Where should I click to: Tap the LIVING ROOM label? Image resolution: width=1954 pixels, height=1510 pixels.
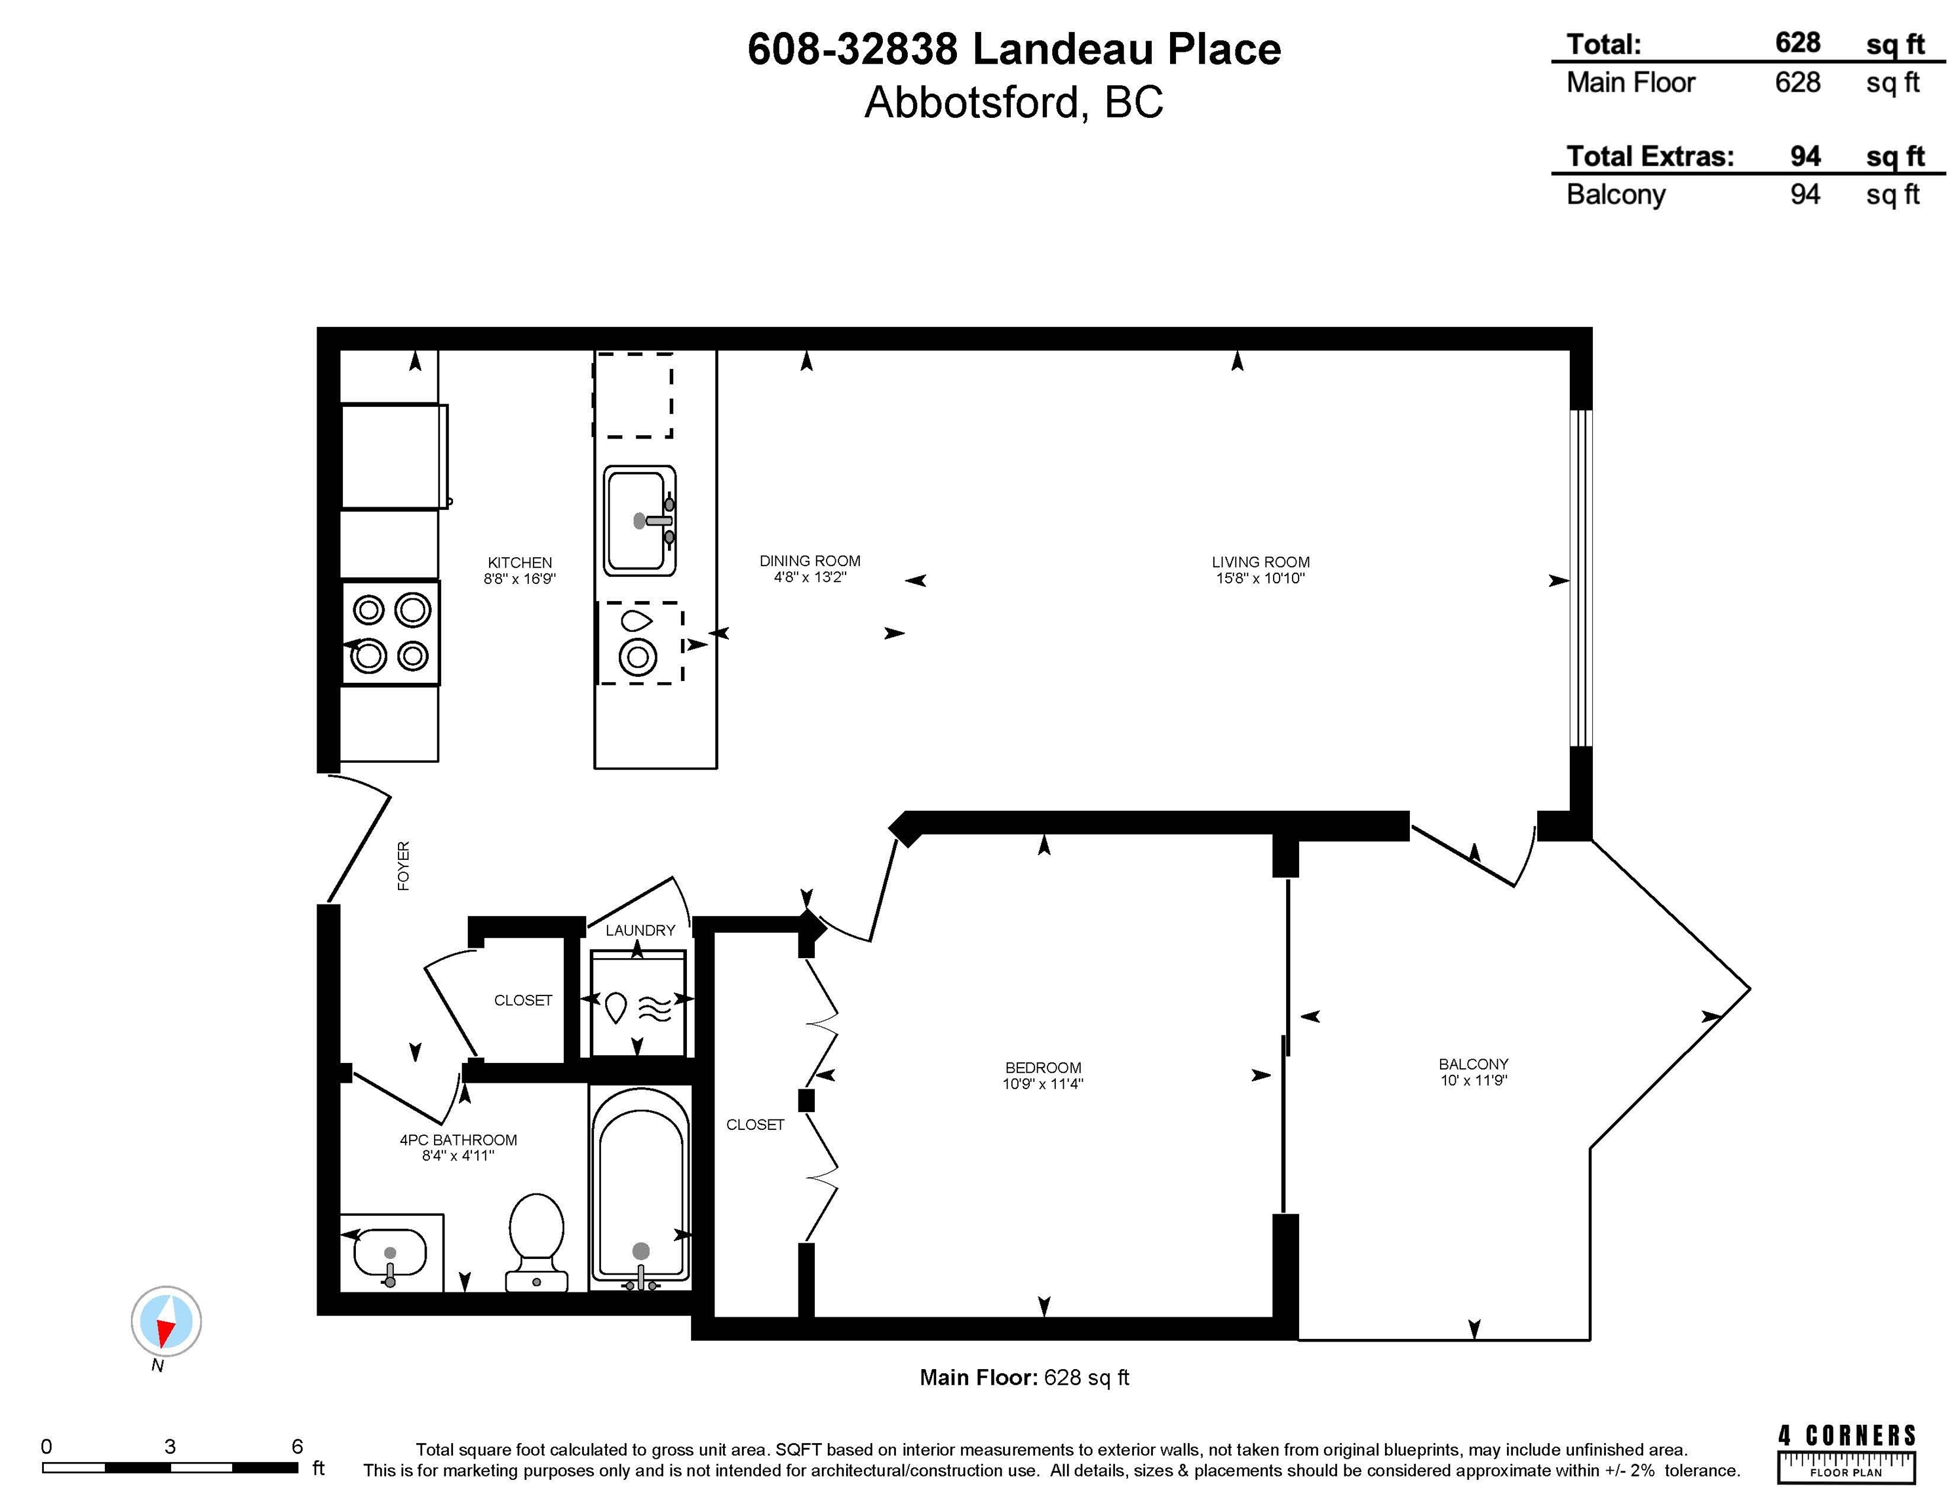coord(1260,562)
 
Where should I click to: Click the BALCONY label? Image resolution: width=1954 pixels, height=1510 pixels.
coord(1474,1064)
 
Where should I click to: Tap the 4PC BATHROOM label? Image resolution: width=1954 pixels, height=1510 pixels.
coord(458,1140)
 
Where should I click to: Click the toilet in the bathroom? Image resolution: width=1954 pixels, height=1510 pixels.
coord(536,1242)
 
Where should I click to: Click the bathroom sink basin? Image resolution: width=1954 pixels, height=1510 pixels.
coord(390,1252)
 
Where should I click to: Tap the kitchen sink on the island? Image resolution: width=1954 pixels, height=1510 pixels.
coord(640,520)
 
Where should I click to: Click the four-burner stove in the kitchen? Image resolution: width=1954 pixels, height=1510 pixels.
coord(390,633)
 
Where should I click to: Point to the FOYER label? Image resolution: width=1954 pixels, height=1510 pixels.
coord(404,865)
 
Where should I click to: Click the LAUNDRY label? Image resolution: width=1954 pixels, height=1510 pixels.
coord(640,931)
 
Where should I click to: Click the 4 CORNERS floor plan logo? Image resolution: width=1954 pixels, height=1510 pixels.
coord(1847,1454)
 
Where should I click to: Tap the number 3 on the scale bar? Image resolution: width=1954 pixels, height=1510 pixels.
coord(169,1446)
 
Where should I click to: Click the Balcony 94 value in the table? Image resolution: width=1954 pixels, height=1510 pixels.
coord(1805,194)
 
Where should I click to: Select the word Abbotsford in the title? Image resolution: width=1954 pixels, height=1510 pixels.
coord(974,102)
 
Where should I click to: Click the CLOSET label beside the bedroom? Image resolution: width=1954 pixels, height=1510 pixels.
coord(755,1125)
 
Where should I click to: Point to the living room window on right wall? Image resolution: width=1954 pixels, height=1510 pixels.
coord(1581,578)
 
